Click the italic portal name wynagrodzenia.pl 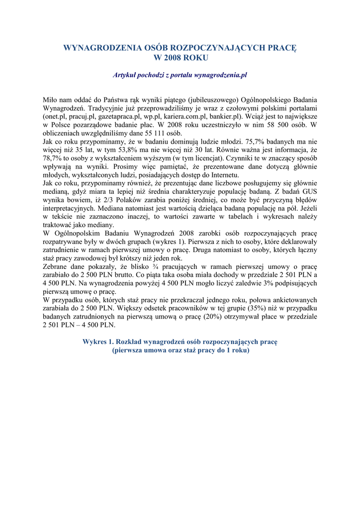[x=219, y=75]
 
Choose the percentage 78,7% [x=54, y=158]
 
